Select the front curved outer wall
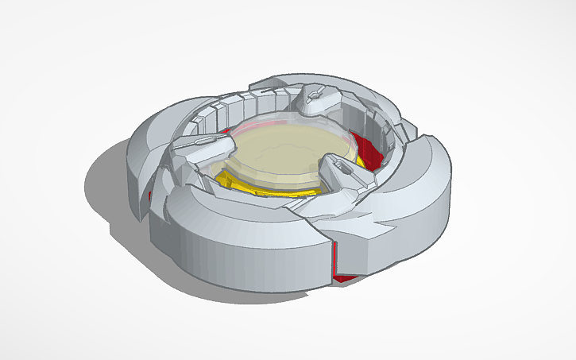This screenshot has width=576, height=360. point(230,254)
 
